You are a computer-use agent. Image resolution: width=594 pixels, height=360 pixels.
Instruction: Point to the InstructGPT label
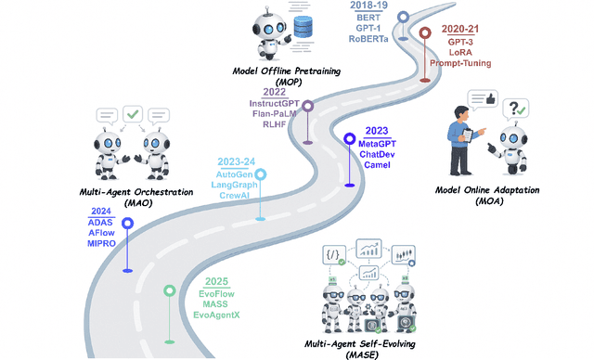click(275, 103)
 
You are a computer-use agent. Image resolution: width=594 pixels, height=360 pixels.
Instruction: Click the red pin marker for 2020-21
click(425, 34)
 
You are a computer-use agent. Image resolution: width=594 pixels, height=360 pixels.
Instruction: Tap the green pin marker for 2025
click(169, 290)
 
